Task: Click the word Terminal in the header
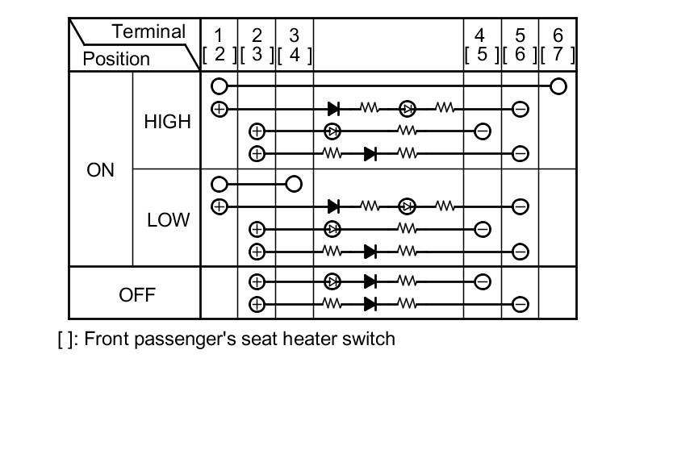tap(148, 32)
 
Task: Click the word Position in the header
tap(116, 59)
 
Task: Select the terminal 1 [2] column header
tap(219, 45)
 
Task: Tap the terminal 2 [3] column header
tap(257, 45)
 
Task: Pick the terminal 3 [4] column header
tap(295, 45)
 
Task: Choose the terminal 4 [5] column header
tap(482, 45)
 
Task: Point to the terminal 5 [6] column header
tap(520, 45)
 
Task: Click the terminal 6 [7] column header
tap(558, 45)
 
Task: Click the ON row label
tap(100, 171)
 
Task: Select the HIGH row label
tap(167, 122)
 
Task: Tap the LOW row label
tap(167, 220)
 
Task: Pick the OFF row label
tap(136, 294)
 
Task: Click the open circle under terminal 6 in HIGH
tap(558, 86)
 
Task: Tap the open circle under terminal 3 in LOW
tap(294, 185)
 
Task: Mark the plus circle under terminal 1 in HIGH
tap(219, 109)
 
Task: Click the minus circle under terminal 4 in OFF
tap(482, 282)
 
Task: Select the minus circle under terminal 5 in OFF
tap(520, 304)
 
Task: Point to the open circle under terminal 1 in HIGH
tap(219, 86)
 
